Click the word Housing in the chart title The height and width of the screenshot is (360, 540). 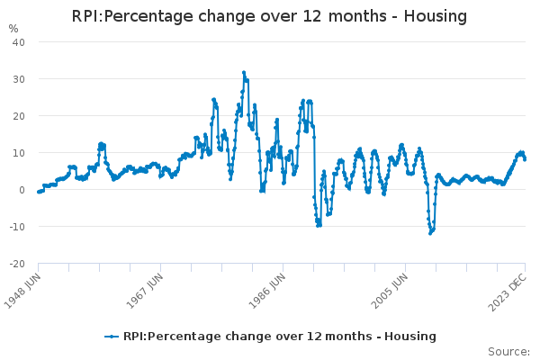(436, 16)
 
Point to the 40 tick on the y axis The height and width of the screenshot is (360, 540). (19, 42)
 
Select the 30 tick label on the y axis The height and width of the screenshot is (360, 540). (19, 79)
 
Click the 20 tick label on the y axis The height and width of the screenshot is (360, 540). (19, 116)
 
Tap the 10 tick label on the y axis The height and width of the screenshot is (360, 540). (19, 153)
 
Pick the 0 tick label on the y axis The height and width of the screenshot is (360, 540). (22, 190)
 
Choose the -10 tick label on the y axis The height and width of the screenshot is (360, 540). (17, 227)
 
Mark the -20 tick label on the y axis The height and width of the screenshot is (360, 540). (17, 264)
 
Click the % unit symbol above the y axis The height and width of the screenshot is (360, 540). (13, 29)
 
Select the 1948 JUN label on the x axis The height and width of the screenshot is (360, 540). (22, 292)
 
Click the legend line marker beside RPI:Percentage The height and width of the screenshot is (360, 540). (112, 337)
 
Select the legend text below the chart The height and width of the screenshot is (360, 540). (279, 337)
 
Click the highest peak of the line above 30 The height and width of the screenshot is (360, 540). (243, 73)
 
